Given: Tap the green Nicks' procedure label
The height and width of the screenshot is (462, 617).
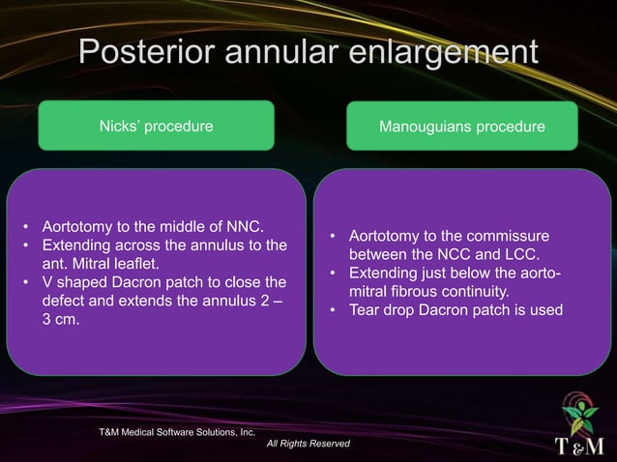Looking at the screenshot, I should click(x=156, y=127).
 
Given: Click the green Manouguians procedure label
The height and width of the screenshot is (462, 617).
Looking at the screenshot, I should click(x=461, y=127).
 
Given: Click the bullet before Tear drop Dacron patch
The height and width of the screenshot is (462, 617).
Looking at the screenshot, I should click(x=334, y=309).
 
